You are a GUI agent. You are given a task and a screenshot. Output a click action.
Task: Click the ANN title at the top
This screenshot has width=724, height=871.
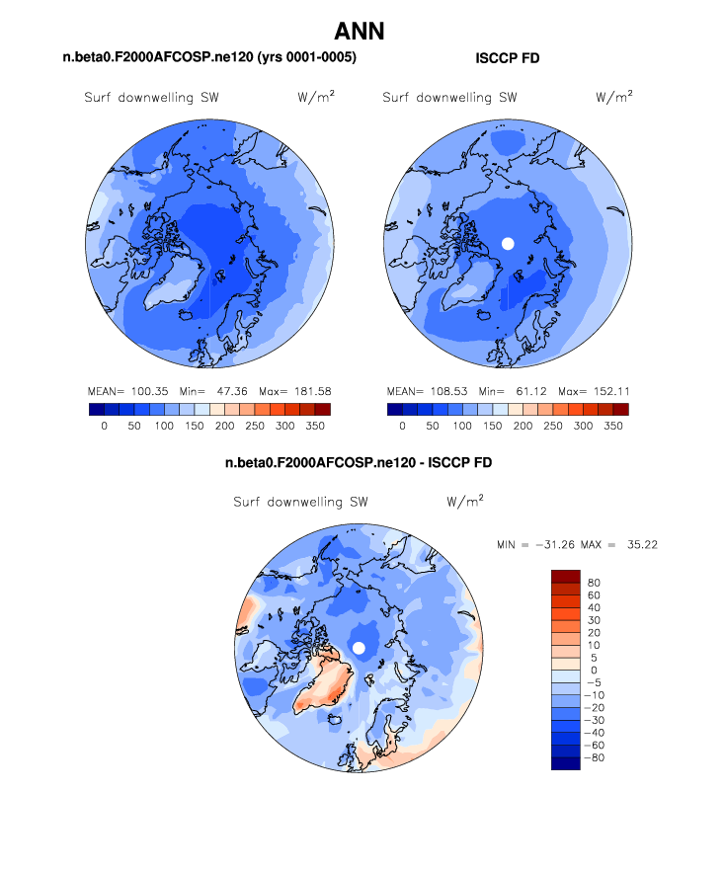click(360, 32)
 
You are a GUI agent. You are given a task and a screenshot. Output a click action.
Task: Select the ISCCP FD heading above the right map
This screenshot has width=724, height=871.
click(508, 59)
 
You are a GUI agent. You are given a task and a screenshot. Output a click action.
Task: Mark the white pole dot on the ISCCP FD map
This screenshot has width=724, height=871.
click(508, 243)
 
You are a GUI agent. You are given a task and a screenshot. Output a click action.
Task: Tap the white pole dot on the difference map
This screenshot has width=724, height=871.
click(359, 647)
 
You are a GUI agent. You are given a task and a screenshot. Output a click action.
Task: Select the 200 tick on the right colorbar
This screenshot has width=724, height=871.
click(523, 426)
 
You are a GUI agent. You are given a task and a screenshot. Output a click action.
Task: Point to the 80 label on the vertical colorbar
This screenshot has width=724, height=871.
click(593, 583)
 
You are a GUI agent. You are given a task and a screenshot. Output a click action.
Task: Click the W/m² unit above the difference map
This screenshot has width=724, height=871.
click(464, 501)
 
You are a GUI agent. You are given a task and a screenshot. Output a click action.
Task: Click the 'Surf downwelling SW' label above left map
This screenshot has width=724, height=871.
click(150, 98)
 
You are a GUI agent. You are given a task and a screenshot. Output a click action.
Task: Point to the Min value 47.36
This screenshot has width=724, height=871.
click(228, 391)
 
